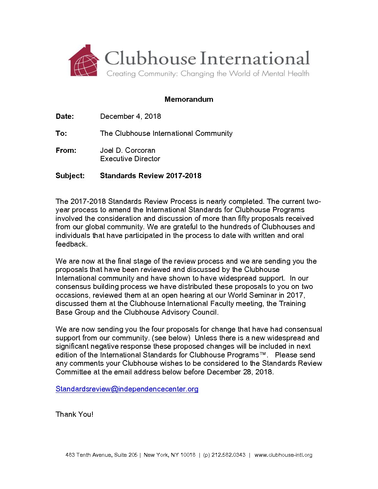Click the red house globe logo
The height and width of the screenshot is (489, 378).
[84, 61]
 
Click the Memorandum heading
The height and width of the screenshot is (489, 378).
[189, 99]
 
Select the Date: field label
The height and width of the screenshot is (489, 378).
[65, 116]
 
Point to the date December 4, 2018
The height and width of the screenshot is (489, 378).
[130, 116]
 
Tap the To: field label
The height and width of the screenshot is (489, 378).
[61, 133]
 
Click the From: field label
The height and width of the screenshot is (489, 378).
[66, 150]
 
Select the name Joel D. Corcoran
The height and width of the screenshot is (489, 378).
[128, 150]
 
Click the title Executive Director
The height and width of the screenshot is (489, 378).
[130, 159]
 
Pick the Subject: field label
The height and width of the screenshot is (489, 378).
[70, 176]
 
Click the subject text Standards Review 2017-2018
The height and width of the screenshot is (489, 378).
[150, 176]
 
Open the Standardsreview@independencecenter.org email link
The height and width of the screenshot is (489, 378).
[127, 389]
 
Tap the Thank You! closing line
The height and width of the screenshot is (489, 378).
[74, 414]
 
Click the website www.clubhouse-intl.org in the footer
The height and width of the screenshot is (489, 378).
[283, 455]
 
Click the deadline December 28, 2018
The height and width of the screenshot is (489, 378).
[239, 372]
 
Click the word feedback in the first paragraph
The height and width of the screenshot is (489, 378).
[71, 244]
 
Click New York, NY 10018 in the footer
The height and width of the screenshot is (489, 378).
[170, 455]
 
